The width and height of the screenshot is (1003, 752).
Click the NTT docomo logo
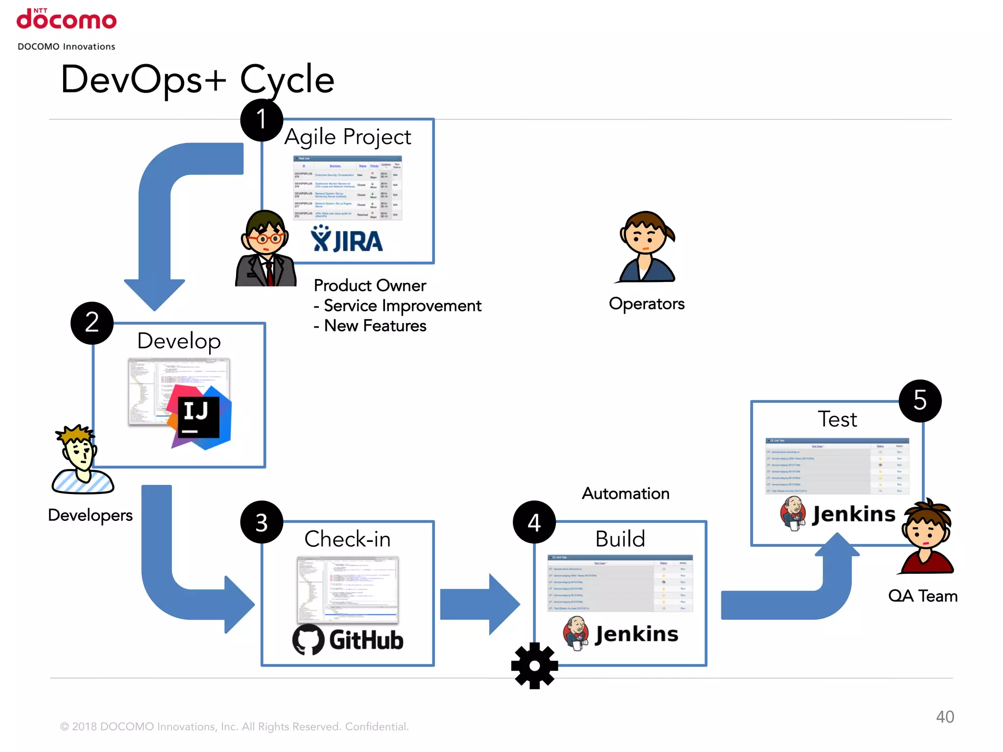coord(67,20)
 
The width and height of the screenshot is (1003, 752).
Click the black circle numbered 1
coord(262,120)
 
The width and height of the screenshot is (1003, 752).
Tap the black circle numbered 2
coord(92,323)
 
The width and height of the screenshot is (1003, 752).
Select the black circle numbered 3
coord(262,522)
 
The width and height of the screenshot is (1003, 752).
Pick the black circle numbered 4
coord(534,522)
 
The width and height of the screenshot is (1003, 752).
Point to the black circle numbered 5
coord(920,401)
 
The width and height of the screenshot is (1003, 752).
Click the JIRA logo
coord(347,239)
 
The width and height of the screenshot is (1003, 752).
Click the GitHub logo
coord(347,640)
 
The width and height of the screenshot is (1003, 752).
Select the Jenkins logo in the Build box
coord(621,634)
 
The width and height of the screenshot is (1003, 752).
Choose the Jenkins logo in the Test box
coord(837,514)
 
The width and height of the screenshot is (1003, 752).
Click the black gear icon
coord(534,666)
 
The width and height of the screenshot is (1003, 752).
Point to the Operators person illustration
coord(646,248)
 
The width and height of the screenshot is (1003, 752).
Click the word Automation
coord(625,493)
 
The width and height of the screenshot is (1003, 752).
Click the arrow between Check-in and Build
coord(479,605)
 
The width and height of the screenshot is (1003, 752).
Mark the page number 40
coord(945,717)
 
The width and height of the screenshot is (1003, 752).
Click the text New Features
coord(375,326)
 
